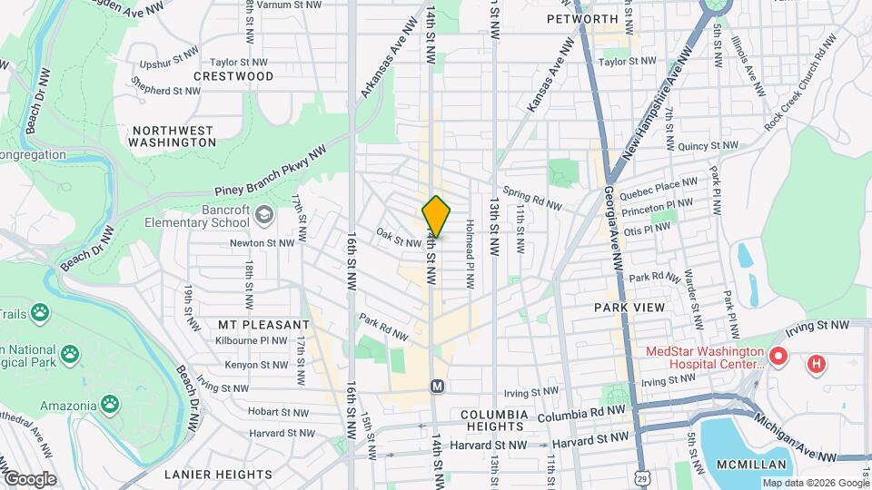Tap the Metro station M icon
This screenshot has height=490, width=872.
(437, 386)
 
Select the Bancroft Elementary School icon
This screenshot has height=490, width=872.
(264, 214)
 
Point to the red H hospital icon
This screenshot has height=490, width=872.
(817, 365)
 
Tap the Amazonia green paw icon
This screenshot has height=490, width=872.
(110, 402)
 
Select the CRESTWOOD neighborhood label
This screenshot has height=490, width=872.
(233, 76)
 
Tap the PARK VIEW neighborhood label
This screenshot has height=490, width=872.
(629, 308)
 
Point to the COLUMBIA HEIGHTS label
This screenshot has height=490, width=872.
(494, 420)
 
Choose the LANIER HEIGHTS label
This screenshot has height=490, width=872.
(218, 474)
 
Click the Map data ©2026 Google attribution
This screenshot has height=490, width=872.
(814, 483)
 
